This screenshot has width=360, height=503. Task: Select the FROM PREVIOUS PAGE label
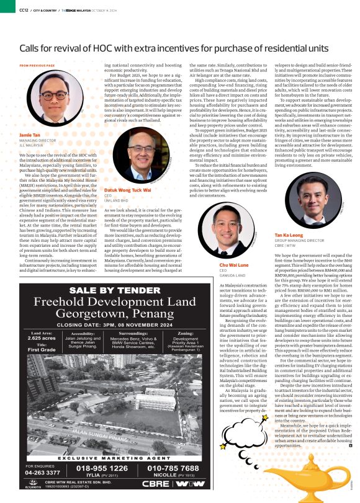click(37, 65)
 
